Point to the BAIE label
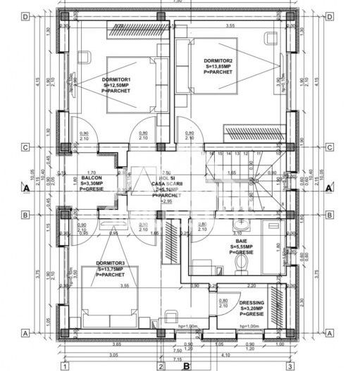click(x=241, y=241)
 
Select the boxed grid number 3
click(x=289, y=366)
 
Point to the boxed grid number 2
click(x=161, y=366)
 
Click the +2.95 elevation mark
click(x=167, y=201)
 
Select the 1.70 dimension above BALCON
click(x=90, y=172)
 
